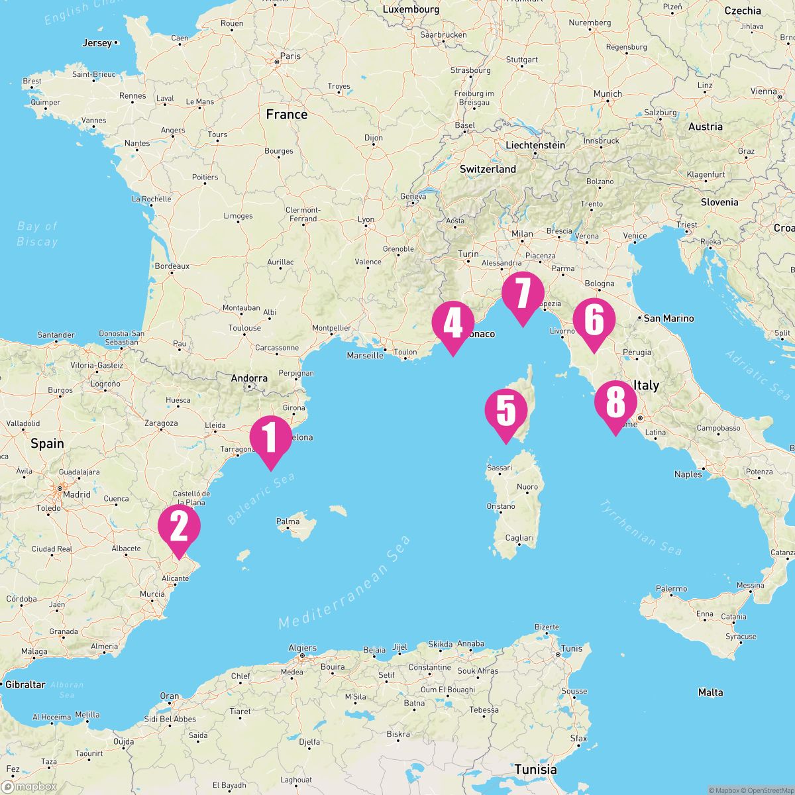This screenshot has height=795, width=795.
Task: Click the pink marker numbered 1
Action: click(270, 438)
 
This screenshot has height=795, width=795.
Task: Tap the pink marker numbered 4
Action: click(452, 324)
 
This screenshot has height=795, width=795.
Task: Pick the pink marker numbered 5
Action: click(505, 411)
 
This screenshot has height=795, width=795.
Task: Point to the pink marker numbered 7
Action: click(523, 295)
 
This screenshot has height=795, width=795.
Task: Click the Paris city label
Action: click(290, 56)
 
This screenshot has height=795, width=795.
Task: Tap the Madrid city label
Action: click(76, 494)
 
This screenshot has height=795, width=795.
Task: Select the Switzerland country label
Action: click(488, 169)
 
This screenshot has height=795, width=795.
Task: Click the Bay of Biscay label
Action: click(38, 234)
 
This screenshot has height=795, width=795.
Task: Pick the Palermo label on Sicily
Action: click(671, 588)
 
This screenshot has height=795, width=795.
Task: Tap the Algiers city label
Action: click(303, 648)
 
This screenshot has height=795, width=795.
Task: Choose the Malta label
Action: click(710, 692)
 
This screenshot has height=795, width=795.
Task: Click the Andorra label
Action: click(249, 379)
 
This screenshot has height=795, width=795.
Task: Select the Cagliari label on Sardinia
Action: click(519, 538)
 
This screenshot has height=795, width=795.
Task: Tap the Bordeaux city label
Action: click(172, 266)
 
